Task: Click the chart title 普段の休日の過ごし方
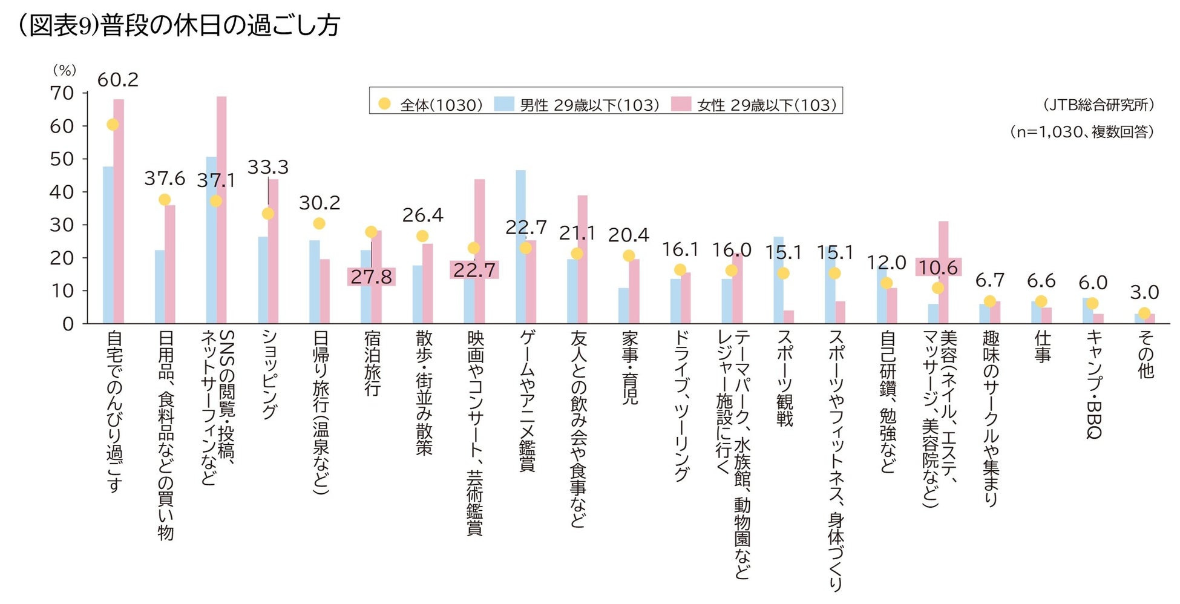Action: (x=220, y=25)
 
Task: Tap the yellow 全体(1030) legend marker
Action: (x=384, y=104)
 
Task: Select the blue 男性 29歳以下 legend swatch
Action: (x=504, y=104)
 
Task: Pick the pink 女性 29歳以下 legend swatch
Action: (x=681, y=104)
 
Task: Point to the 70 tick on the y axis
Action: (x=62, y=93)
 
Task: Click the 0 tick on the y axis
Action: (x=68, y=324)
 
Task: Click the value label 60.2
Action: (x=118, y=80)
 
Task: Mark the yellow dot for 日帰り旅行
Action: (x=319, y=223)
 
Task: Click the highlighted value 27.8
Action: (x=371, y=277)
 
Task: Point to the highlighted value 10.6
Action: (x=938, y=268)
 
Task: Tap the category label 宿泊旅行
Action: (x=372, y=363)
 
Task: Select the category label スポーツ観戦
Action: (x=784, y=378)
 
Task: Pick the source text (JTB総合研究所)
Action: (x=1098, y=105)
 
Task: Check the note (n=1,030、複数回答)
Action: (x=1082, y=131)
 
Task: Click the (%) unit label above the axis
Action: (x=64, y=70)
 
